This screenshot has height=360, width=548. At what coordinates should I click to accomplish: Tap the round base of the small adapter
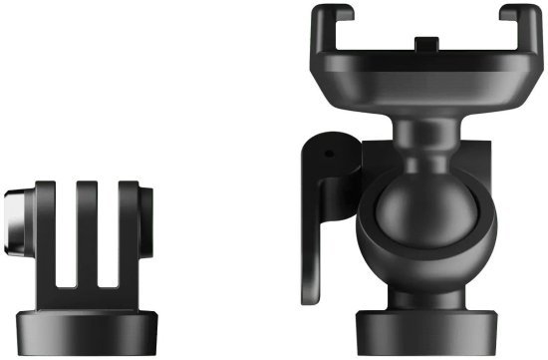[x=90, y=316]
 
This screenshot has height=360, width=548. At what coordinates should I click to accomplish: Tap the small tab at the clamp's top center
[x=425, y=44]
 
